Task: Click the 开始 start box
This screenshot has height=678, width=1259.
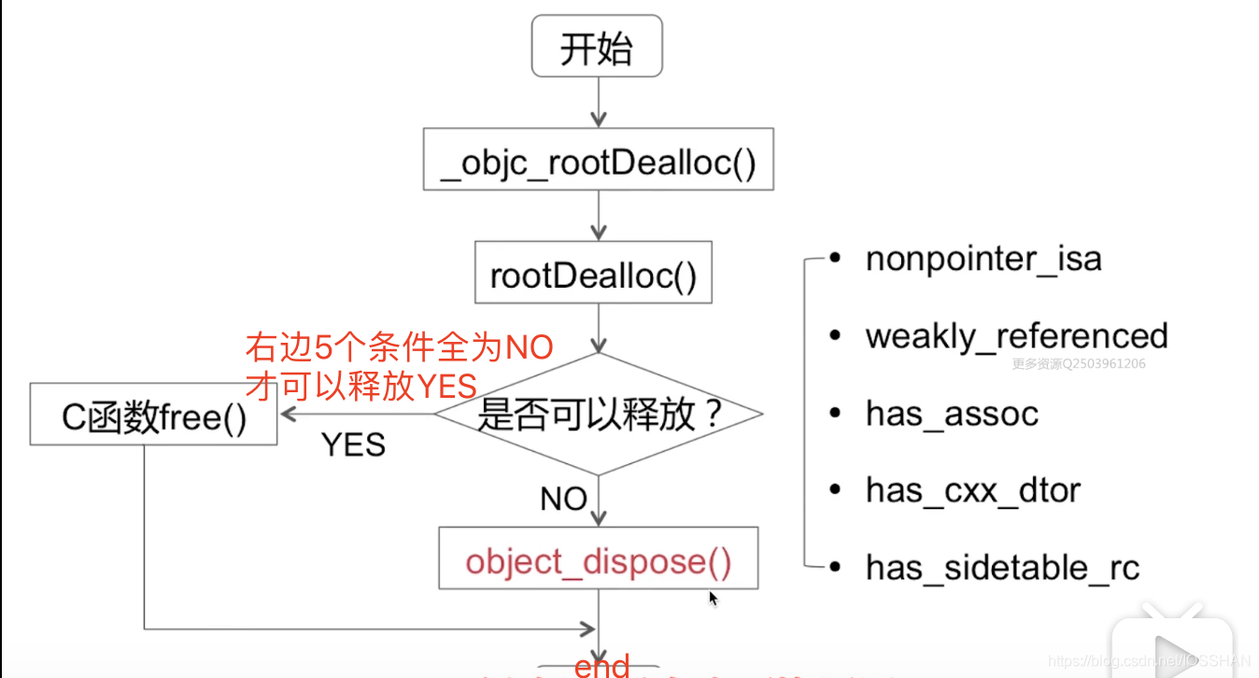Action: (597, 48)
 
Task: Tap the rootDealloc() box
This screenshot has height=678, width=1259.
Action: (593, 274)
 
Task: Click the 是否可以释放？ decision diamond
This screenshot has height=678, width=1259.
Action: (599, 414)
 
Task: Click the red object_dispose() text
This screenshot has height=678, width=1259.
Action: (598, 561)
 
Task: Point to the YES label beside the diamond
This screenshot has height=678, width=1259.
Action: (353, 445)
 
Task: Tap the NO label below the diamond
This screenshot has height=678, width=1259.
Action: (563, 499)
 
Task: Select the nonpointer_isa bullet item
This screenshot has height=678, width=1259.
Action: (983, 259)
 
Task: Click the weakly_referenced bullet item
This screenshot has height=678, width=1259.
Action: (1016, 336)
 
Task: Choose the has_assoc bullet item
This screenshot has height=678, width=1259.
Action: (952, 414)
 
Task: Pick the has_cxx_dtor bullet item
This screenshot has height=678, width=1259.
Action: (972, 490)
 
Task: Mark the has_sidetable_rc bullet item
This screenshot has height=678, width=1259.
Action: (1002, 568)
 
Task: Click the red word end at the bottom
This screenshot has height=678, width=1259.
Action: (602, 666)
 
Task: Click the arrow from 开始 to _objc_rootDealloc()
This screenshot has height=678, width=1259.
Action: (598, 103)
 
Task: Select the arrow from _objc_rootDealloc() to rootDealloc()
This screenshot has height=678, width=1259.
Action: (598, 217)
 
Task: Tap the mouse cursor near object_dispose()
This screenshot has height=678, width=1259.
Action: (713, 598)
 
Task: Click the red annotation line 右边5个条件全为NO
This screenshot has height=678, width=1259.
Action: (400, 348)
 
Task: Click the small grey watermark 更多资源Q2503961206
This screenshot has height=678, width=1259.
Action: (1079, 364)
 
